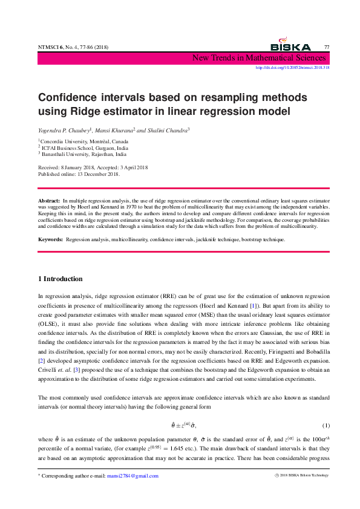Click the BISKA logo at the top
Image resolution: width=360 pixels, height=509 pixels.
click(290, 46)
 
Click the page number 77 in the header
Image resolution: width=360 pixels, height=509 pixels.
click(327, 47)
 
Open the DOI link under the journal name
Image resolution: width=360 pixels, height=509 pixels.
click(293, 68)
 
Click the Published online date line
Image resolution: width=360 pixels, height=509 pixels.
click(79, 174)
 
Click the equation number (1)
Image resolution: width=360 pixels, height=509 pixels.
click(326, 426)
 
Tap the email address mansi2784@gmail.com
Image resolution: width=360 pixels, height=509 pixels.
click(133, 476)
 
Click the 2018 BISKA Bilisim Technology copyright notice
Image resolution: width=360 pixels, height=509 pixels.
click(301, 476)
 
